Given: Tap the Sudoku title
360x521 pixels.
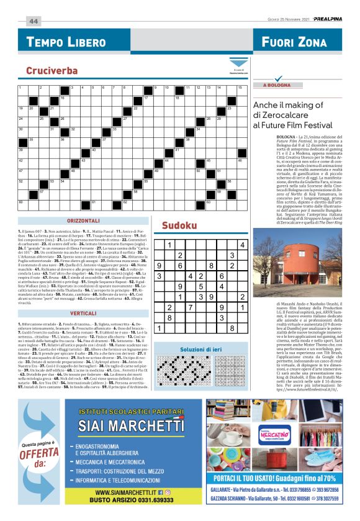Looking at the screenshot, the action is [175, 225].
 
